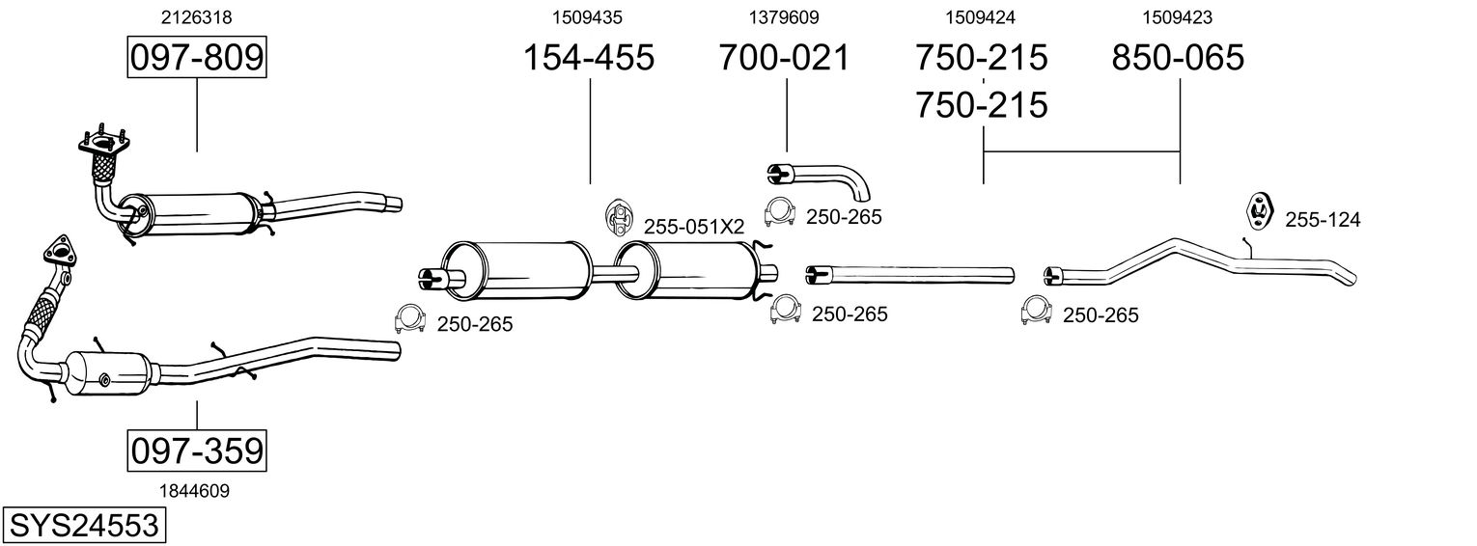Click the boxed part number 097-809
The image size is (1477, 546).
tap(197, 58)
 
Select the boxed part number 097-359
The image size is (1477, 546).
tap(197, 450)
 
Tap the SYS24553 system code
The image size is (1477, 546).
tap(83, 526)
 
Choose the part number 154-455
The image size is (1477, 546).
tap(588, 58)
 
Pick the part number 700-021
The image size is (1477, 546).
tap(785, 58)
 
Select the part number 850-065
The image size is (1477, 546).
tap(1178, 58)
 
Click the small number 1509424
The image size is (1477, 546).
tap(981, 17)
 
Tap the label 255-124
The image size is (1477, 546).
tap(1322, 221)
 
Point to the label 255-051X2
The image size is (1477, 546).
tap(694, 228)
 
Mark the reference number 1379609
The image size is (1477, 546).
tap(784, 17)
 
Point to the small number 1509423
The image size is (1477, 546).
tap(1178, 17)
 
